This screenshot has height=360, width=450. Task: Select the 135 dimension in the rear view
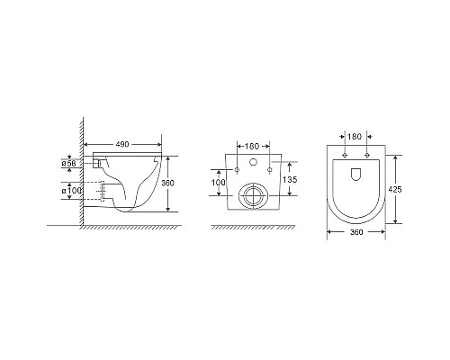pyautogui.click(x=290, y=178)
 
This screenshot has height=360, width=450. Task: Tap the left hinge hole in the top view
pyautogui.click(x=346, y=155)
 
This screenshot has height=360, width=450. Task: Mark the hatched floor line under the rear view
pyautogui.click(x=253, y=226)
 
